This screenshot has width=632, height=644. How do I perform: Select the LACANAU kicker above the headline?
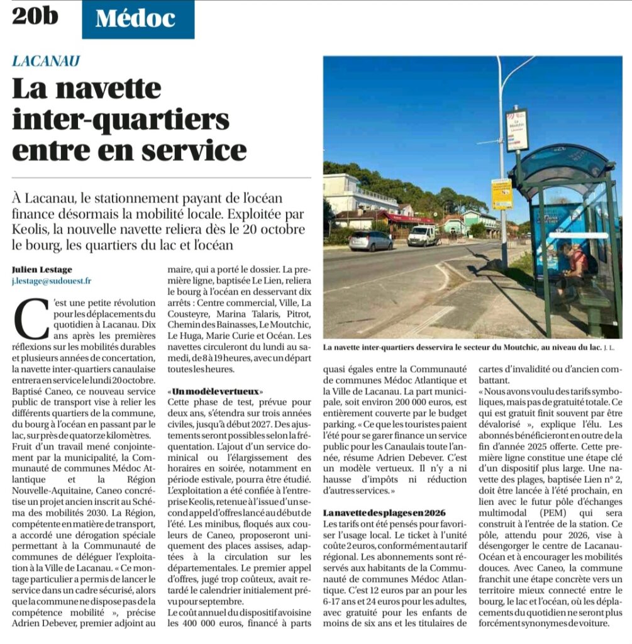pos(46,61)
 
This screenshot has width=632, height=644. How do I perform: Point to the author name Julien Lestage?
pos(42,269)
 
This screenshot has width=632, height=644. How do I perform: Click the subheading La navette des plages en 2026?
pos(384,513)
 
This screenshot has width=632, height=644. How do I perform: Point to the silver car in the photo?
pos(370,240)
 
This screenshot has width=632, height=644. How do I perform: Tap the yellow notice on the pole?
pos(502,194)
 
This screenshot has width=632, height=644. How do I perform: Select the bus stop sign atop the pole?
pos(517,130)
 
